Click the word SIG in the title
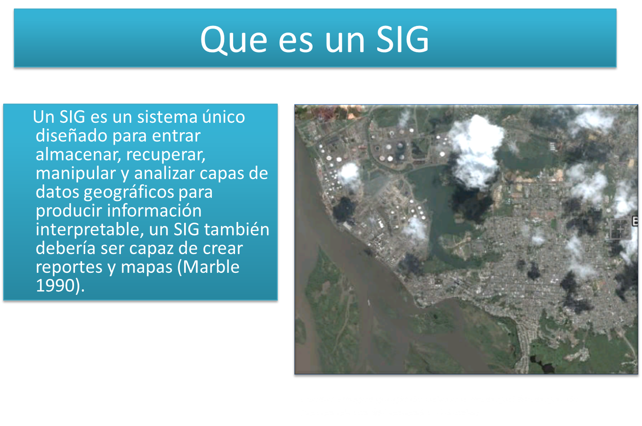click(x=403, y=39)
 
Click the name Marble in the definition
click(x=211, y=267)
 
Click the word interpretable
click(x=90, y=230)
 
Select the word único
click(x=223, y=117)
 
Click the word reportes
click(x=69, y=267)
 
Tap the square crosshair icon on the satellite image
click(x=620, y=230)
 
